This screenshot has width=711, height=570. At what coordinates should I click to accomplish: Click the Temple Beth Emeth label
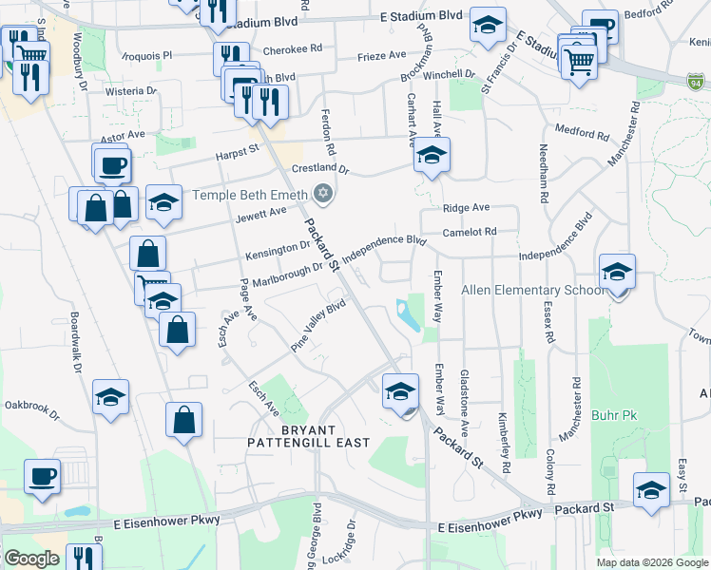(x=250, y=195)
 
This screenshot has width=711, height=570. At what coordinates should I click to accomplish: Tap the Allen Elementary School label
(x=531, y=290)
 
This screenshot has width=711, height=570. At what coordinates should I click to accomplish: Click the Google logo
(x=31, y=559)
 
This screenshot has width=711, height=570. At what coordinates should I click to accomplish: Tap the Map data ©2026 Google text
(x=652, y=562)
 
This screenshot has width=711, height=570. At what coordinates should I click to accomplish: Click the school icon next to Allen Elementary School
(x=617, y=273)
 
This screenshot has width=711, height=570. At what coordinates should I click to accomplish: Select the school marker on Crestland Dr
(x=432, y=156)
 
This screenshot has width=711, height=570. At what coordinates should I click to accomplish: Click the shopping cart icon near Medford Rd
(x=578, y=63)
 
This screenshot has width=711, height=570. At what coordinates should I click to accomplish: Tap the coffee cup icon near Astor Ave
(x=111, y=165)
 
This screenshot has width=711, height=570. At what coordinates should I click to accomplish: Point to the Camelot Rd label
(x=470, y=232)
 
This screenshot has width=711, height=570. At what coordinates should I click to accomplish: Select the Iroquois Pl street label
(x=146, y=56)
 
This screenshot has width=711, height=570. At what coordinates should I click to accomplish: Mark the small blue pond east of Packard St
(x=408, y=315)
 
